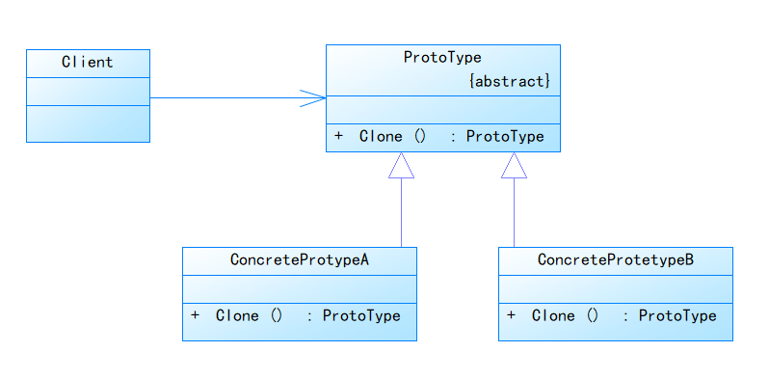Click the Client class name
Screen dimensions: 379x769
87,63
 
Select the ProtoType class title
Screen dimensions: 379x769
442,58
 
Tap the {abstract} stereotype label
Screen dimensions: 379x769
509,82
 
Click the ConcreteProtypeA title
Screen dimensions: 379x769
300,260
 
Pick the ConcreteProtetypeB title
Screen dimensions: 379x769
615,260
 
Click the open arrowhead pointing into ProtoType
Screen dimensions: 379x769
314,97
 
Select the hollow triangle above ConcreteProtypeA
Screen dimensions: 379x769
401,167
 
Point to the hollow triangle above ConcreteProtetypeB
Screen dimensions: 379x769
514,167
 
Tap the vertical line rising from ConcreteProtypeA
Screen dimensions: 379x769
401,212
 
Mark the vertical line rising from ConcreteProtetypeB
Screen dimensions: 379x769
514,212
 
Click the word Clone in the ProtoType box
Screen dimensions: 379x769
381,137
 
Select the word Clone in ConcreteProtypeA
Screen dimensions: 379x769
237,316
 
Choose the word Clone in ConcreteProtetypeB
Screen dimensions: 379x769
553,316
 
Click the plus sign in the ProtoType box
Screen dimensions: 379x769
338,137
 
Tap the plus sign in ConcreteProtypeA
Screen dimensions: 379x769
196,316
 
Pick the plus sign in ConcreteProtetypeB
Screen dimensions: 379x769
511,316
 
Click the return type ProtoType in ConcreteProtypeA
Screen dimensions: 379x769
361,316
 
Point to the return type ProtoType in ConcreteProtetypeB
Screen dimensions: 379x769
677,316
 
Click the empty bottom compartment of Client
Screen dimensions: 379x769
88,123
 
